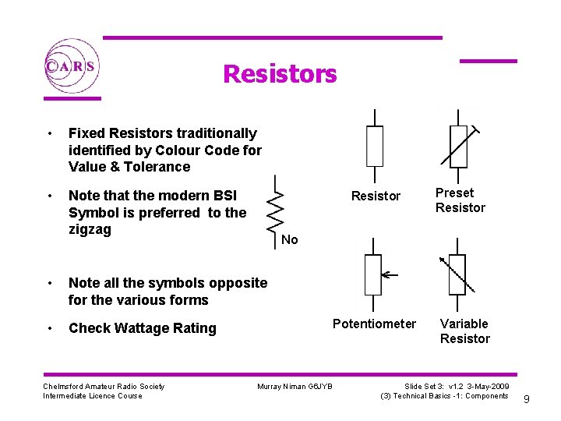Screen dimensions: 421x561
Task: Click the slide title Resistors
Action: click(x=280, y=74)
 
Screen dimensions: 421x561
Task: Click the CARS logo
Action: click(x=70, y=66)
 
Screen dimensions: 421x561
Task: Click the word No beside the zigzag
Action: click(x=289, y=239)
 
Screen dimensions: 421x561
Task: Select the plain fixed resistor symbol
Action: click(x=375, y=146)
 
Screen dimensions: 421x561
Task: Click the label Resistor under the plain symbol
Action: click(x=376, y=196)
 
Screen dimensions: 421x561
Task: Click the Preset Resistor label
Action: click(x=460, y=200)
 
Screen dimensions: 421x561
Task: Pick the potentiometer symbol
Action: click(x=373, y=274)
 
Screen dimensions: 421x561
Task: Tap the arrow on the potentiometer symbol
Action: click(x=390, y=274)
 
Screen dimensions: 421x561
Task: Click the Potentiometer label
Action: click(x=374, y=324)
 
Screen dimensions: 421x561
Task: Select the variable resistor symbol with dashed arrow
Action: click(x=457, y=274)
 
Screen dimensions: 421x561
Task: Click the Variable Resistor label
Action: click(x=464, y=331)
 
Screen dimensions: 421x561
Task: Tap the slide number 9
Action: click(x=527, y=400)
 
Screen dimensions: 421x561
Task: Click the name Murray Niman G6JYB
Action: click(x=295, y=387)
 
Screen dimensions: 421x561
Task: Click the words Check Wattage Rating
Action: click(x=142, y=328)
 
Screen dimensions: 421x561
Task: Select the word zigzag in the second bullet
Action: click(x=90, y=229)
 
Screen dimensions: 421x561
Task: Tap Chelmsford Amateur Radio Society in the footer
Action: click(x=104, y=386)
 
